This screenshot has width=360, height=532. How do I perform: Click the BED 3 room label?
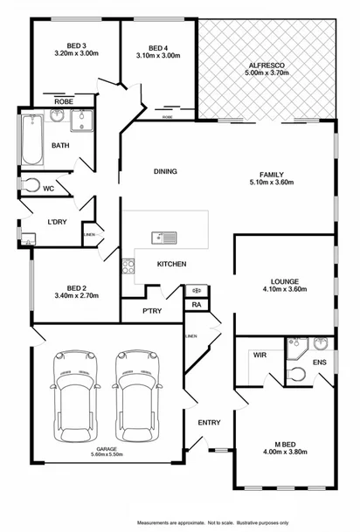pos(76,45)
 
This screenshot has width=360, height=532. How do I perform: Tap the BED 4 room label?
pos(158,47)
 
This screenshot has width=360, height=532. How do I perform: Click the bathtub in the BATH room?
pos(32,142)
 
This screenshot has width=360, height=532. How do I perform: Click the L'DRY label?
pos(59,223)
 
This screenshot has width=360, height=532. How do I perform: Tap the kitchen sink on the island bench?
pos(163,237)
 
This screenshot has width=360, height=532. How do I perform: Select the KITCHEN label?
pos(170,264)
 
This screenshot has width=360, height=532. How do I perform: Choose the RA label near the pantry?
pos(196,305)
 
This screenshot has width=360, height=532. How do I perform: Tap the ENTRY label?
pos(209,423)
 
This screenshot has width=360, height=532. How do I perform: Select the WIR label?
pos(260,356)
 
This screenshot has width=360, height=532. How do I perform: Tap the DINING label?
pos(165,171)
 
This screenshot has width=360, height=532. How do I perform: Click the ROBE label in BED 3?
pos(64,102)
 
